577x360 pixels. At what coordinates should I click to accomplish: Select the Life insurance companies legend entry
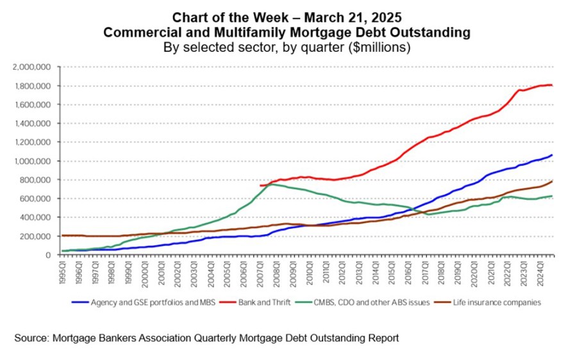489,302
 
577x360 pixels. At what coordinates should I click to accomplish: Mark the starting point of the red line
260,185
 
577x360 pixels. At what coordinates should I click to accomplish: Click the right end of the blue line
552,155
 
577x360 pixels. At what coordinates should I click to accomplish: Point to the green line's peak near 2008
272,184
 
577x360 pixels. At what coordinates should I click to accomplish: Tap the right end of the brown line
552,181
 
